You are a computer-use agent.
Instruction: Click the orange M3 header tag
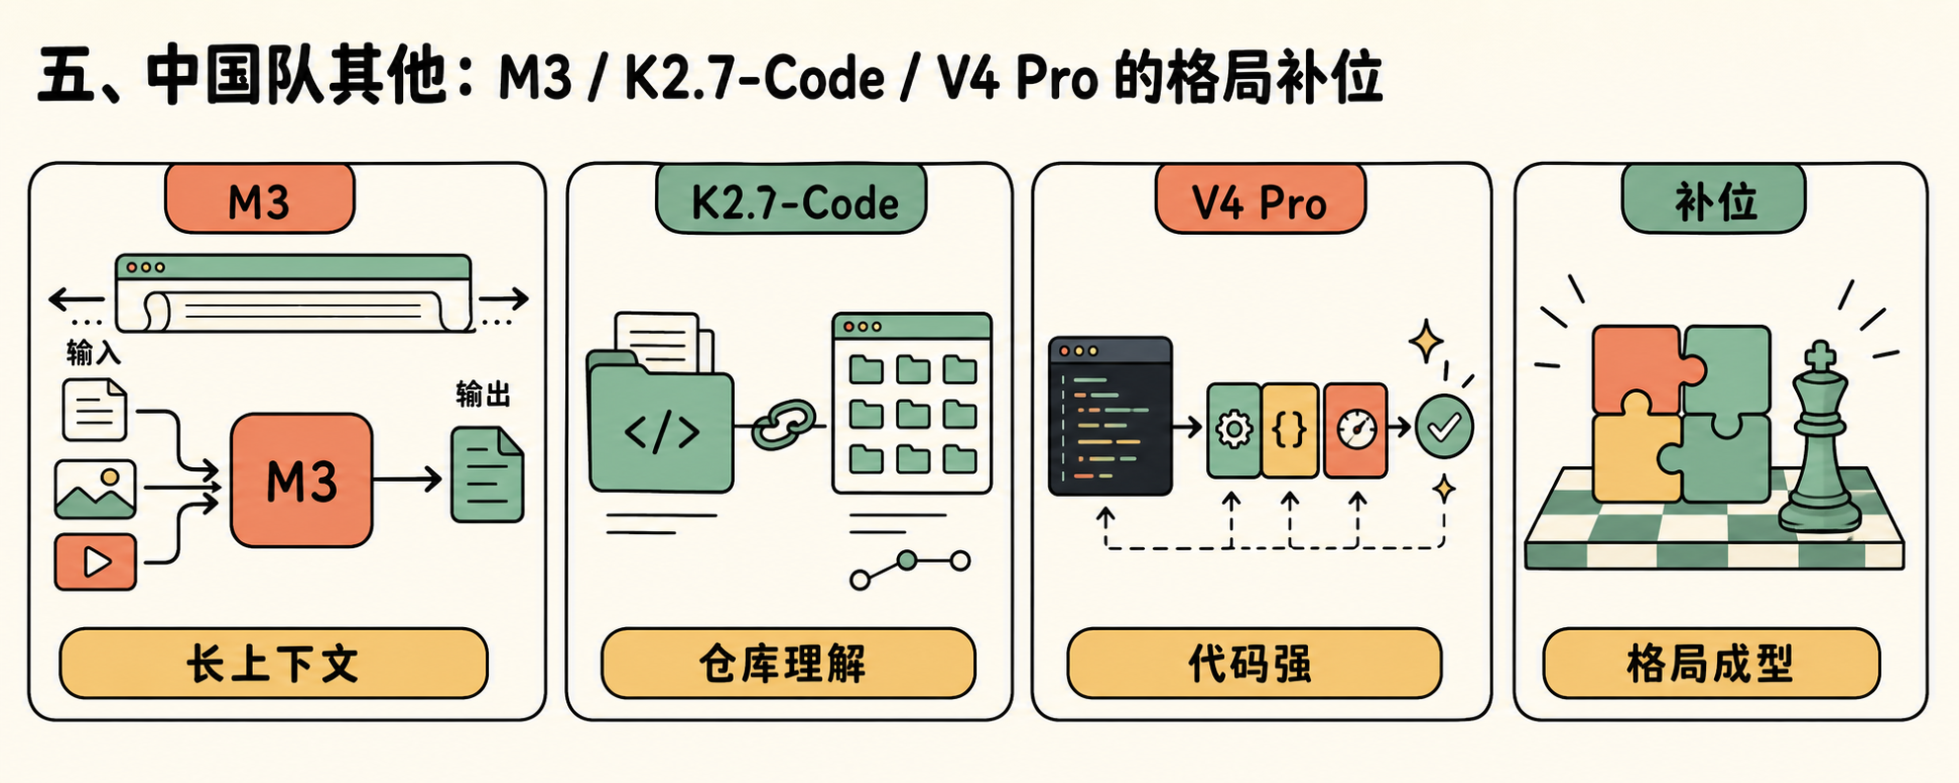tap(259, 199)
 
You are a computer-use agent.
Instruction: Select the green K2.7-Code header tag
tap(791, 199)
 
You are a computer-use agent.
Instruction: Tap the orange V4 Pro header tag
tap(1260, 199)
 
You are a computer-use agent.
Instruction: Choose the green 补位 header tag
tap(1714, 199)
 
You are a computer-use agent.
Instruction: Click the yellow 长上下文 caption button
tap(274, 664)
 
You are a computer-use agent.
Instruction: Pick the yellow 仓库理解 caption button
tap(788, 664)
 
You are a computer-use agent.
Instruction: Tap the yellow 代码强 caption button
tap(1254, 664)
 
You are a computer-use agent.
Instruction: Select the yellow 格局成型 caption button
tap(1711, 664)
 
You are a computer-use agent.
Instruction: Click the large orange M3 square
tap(301, 480)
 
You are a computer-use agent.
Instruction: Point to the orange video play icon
tap(95, 562)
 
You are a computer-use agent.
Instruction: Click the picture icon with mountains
tap(95, 489)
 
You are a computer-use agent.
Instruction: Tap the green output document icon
tap(487, 475)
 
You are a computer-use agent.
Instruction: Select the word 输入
tap(93, 352)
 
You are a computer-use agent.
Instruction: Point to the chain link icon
tap(784, 426)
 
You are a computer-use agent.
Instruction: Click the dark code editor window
tap(1110, 416)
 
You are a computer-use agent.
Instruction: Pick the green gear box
tap(1234, 431)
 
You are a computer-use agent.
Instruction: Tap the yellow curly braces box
tap(1290, 431)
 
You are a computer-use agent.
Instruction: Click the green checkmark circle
tap(1444, 427)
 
